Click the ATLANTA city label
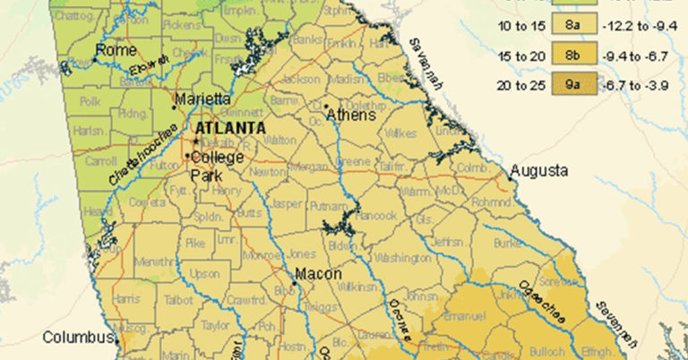point(231,128)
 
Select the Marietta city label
point(203,99)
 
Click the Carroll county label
point(99,162)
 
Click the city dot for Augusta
point(511,177)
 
